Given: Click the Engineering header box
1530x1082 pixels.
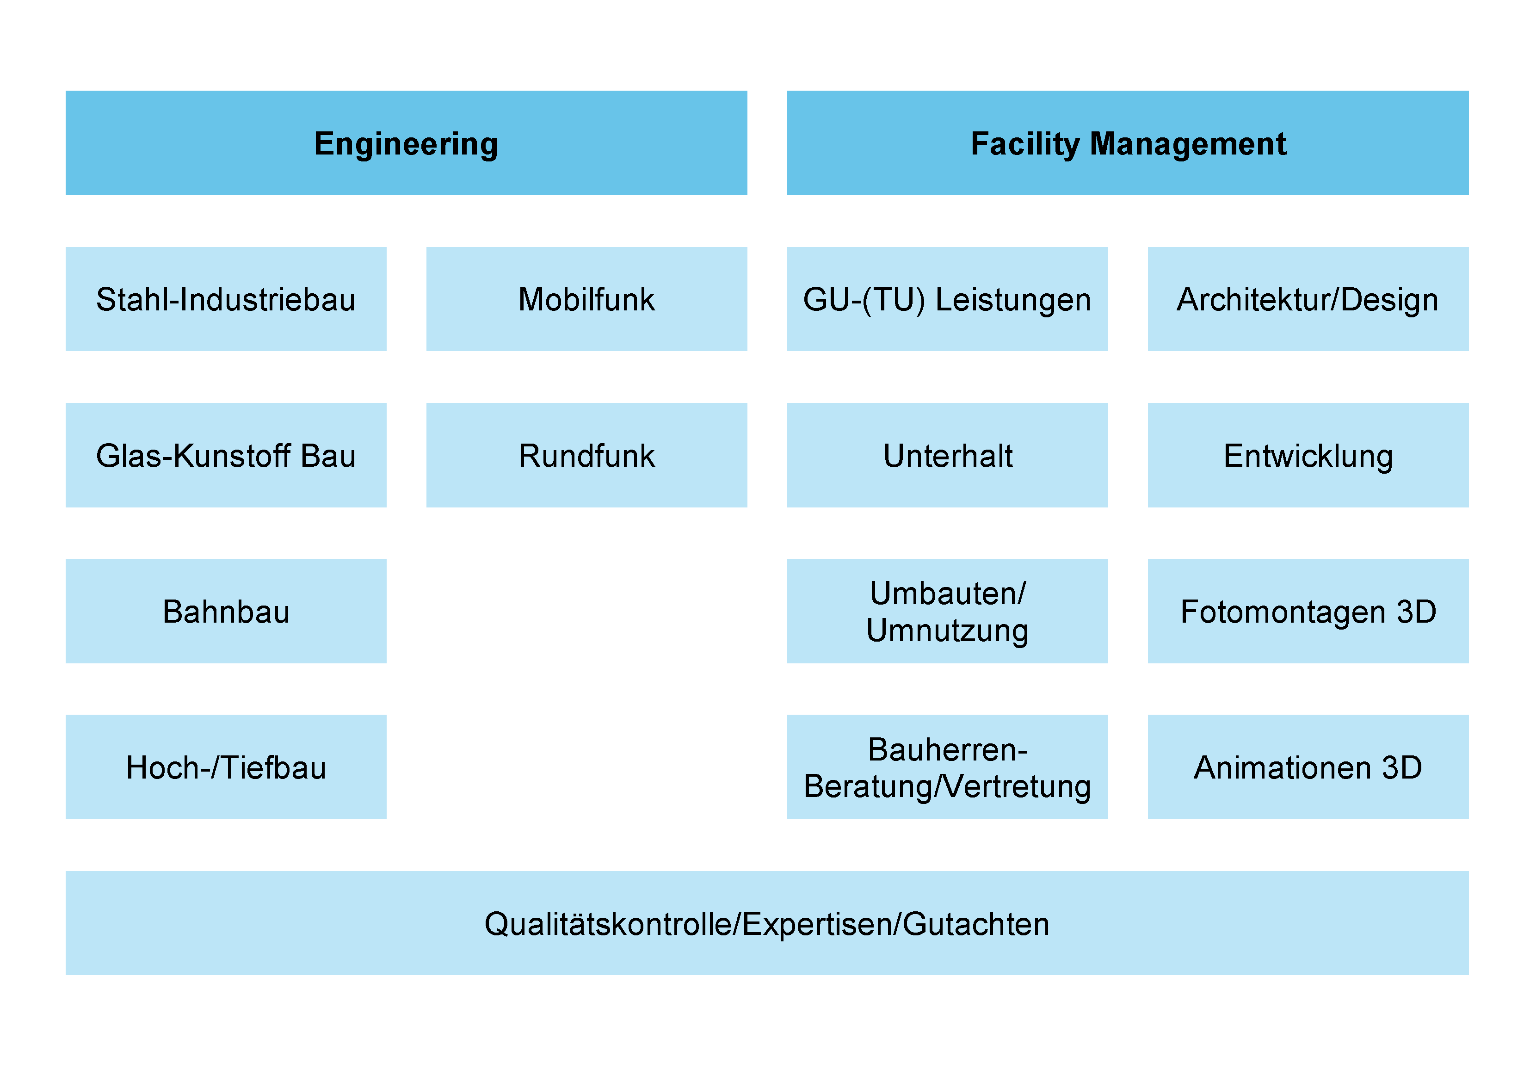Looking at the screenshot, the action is click(x=407, y=142).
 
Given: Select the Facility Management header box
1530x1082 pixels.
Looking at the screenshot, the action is click(x=1128, y=142).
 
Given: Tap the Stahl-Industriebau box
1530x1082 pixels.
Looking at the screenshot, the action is click(x=226, y=299).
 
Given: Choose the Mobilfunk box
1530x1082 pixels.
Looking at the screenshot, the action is click(x=586, y=299).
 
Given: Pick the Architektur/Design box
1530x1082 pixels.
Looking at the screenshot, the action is click(x=1308, y=299).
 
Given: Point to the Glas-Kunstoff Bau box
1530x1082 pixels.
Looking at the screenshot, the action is click(x=226, y=455).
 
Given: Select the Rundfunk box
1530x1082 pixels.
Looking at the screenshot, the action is click(x=586, y=455).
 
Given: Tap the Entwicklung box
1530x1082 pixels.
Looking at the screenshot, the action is click(x=1308, y=455).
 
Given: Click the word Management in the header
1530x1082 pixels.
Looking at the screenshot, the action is click(x=1187, y=144).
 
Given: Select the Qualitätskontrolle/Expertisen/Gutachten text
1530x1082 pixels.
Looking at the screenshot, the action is click(x=767, y=924).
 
